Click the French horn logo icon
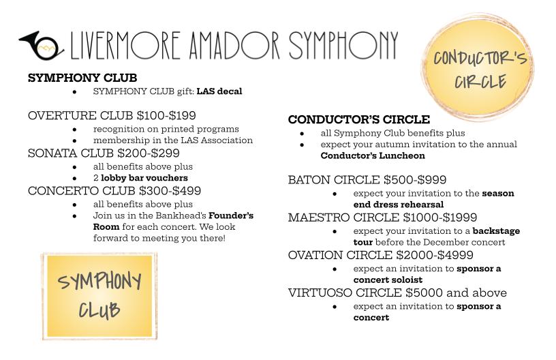41,45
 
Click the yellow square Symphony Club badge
98,295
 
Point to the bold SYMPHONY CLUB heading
82,78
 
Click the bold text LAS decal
219,91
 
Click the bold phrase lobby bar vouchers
144,178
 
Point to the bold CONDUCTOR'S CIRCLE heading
359,119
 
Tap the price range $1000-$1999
440,217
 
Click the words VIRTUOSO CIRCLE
345,292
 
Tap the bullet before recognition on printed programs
74,129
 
